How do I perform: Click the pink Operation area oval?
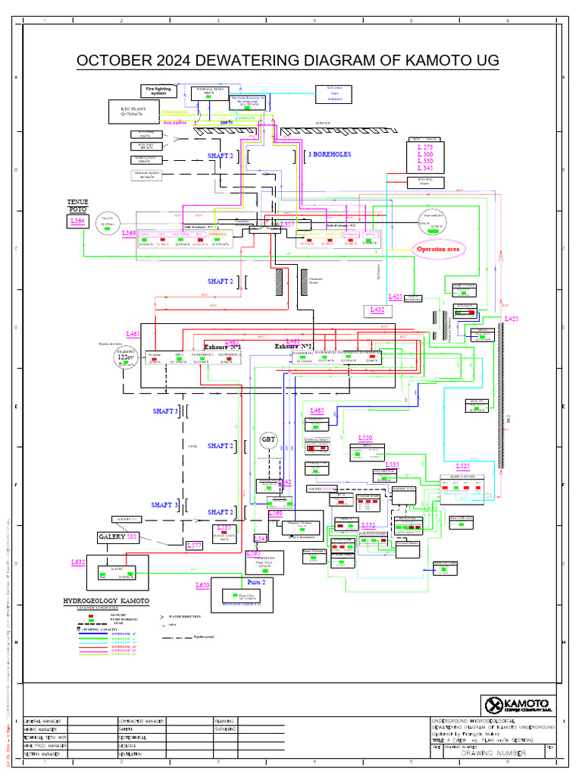(x=440, y=248)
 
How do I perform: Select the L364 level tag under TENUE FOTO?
(x=78, y=221)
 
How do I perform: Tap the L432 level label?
(x=377, y=310)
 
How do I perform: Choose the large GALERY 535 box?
(x=115, y=536)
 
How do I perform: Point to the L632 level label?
(x=78, y=562)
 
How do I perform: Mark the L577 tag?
(x=196, y=545)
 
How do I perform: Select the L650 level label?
(x=202, y=585)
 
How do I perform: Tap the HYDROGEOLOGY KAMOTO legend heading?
(x=106, y=601)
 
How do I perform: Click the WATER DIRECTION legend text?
(x=186, y=616)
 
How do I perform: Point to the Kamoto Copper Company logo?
(x=515, y=703)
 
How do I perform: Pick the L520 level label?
(x=365, y=439)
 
